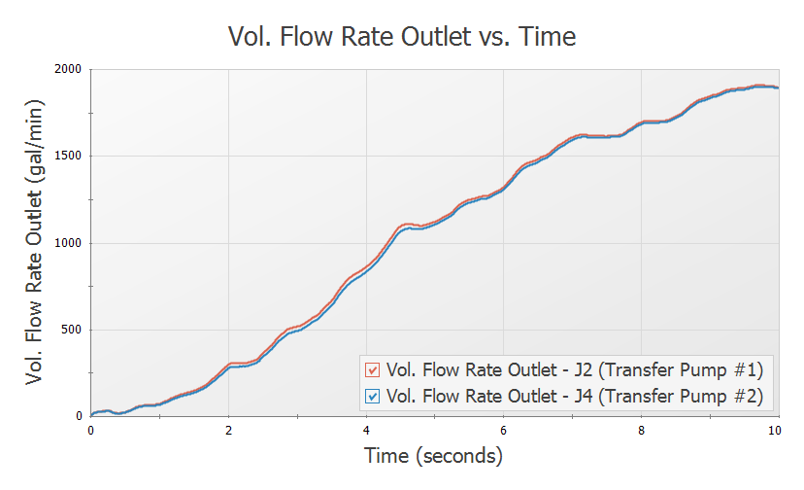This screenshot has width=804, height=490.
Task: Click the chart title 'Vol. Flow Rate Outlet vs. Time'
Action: tap(402, 37)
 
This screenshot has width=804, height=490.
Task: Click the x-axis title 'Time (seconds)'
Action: tap(433, 455)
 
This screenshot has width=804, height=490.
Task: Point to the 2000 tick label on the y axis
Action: tap(68, 70)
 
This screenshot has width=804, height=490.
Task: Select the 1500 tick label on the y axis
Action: tap(68, 157)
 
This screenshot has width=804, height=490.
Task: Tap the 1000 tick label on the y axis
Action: tap(68, 243)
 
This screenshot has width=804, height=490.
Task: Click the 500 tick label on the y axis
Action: tap(72, 330)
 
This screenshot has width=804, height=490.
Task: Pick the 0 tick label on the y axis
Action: tap(80, 416)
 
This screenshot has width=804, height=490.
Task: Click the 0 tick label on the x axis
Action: tap(91, 430)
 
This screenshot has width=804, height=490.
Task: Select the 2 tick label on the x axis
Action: tap(228, 430)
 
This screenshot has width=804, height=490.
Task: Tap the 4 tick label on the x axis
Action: tap(366, 430)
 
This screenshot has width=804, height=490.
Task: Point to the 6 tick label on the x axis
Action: tap(503, 430)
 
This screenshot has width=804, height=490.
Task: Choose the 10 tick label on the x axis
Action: tap(775, 430)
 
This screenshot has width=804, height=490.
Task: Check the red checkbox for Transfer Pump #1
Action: tap(371, 370)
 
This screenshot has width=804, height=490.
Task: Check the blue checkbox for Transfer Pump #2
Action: tap(371, 397)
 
